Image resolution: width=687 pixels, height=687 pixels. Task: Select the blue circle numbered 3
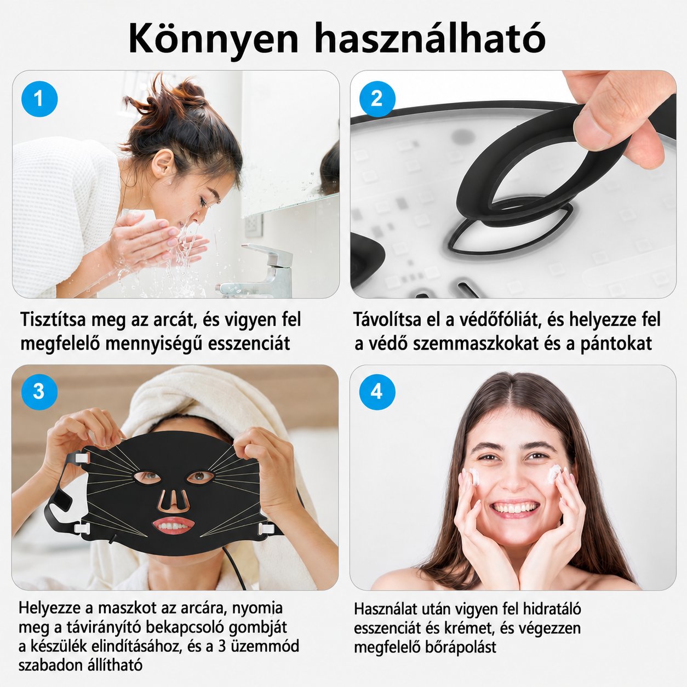(x=39, y=392)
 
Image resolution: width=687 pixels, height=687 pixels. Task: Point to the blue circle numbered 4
(x=377, y=392)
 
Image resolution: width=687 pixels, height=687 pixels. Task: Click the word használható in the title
(x=430, y=38)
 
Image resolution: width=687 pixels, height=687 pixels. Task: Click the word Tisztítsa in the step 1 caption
(x=53, y=319)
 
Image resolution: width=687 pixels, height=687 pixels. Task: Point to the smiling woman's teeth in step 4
(x=515, y=507)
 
